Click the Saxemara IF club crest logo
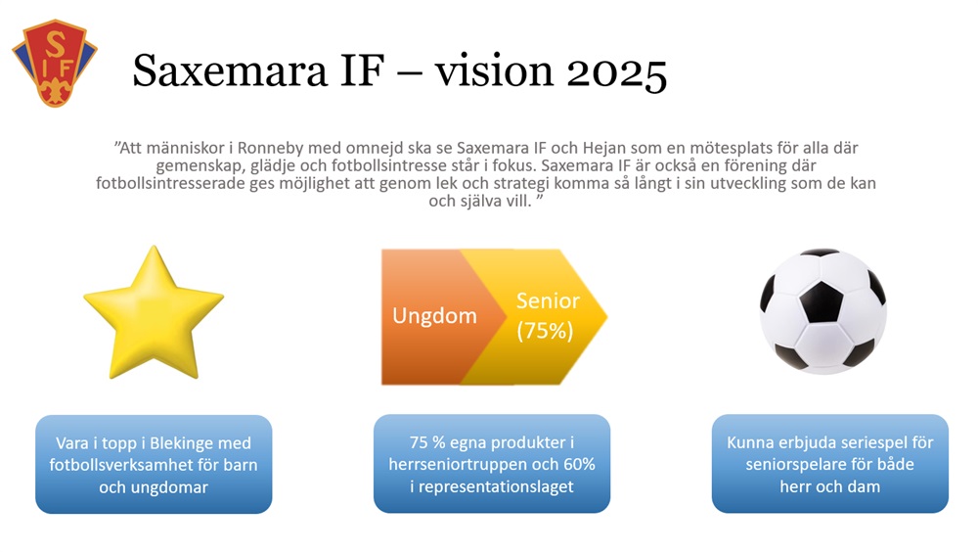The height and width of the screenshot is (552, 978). (x=55, y=64)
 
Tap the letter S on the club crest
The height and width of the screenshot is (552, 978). (x=56, y=45)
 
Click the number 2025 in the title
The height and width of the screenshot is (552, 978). (x=617, y=71)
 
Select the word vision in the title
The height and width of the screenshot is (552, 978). (x=494, y=69)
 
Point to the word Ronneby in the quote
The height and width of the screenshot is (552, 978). (x=271, y=148)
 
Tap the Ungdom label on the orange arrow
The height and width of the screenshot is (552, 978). (x=434, y=316)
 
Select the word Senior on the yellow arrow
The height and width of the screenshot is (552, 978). (x=548, y=301)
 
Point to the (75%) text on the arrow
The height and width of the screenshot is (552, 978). (x=545, y=331)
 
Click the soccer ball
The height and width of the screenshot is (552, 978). (x=822, y=311)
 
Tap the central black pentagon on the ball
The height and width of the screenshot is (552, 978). (x=821, y=301)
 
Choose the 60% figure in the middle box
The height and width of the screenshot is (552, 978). (x=579, y=464)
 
